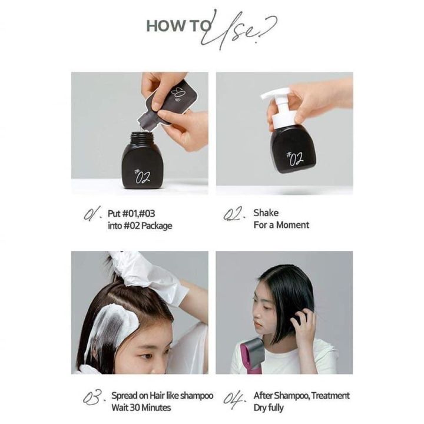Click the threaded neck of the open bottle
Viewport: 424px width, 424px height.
pyautogui.click(x=142, y=138)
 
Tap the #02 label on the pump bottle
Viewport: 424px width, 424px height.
pyautogui.click(x=294, y=158)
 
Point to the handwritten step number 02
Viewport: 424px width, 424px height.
pyautogui.click(x=235, y=215)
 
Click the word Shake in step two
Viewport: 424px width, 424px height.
pyautogui.click(x=266, y=213)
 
